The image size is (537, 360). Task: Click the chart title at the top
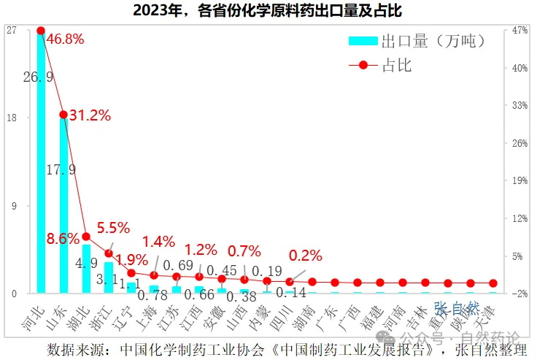pyautogui.click(x=268, y=12)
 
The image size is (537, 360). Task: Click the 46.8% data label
pyautogui.click(x=65, y=39)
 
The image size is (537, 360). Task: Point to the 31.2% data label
pyautogui.click(x=90, y=115)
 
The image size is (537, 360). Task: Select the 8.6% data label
pyautogui.click(x=63, y=239)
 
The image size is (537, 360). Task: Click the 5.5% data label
pyautogui.click(x=113, y=227)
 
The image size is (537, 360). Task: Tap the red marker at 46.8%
pyautogui.click(x=41, y=31)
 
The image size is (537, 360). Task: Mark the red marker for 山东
pyautogui.click(x=63, y=115)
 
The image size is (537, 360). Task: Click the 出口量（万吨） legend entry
pyautogui.click(x=417, y=41)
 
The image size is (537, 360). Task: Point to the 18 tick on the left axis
pyautogui.click(x=12, y=118)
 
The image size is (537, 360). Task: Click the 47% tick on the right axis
pyautogui.click(x=520, y=30)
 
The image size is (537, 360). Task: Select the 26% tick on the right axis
pyautogui.click(x=520, y=143)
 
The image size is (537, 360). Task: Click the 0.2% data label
pyautogui.click(x=306, y=256)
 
